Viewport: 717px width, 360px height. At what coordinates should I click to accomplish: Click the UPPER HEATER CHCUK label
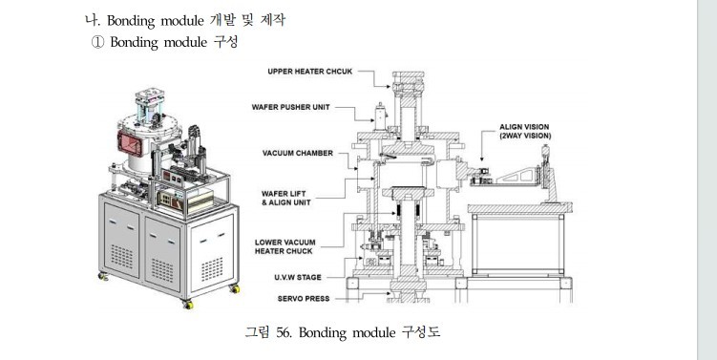coord(310,72)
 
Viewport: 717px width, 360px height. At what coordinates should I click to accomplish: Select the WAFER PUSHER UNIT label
coord(290,107)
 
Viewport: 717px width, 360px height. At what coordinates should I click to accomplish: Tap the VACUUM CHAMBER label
coord(298,153)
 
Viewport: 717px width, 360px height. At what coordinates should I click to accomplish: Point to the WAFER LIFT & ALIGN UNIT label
coord(285,198)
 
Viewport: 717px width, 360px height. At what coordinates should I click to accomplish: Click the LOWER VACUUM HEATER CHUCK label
coord(285,246)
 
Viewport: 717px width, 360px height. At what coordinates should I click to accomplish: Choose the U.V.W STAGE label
coord(298,277)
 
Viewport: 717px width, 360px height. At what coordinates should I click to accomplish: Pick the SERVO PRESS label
coord(304,299)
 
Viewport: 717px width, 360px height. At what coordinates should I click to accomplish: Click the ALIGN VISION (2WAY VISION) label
coord(525,131)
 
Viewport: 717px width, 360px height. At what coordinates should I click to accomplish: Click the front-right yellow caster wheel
coord(187,305)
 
